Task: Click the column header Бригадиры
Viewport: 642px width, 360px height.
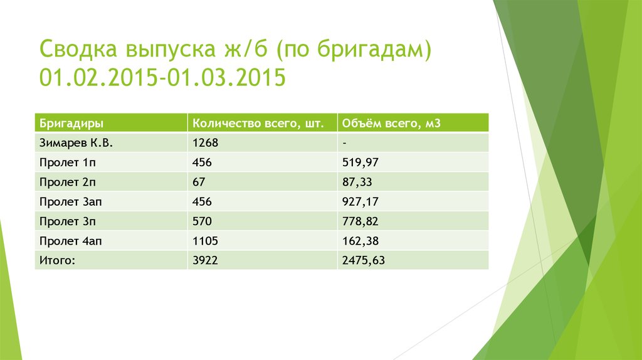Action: click(71, 124)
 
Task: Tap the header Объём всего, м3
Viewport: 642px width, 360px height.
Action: click(392, 124)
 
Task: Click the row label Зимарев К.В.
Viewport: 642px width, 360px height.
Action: click(76, 143)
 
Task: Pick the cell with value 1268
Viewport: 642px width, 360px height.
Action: click(205, 143)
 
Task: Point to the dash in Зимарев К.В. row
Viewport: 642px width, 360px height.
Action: click(345, 143)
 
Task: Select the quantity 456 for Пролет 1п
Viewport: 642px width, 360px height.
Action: click(202, 162)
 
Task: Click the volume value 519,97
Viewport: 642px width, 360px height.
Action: click(360, 162)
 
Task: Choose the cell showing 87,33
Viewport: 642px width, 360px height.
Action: click(357, 182)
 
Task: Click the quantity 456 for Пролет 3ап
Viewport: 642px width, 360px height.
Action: click(202, 201)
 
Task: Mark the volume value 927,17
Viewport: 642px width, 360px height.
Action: click(360, 201)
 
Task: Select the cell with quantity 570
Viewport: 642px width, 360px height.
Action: click(202, 221)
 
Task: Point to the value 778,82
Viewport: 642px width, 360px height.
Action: click(360, 221)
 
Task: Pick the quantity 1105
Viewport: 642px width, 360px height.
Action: click(205, 240)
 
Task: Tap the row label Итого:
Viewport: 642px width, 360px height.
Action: click(57, 260)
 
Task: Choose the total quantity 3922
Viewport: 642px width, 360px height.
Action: click(205, 260)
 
